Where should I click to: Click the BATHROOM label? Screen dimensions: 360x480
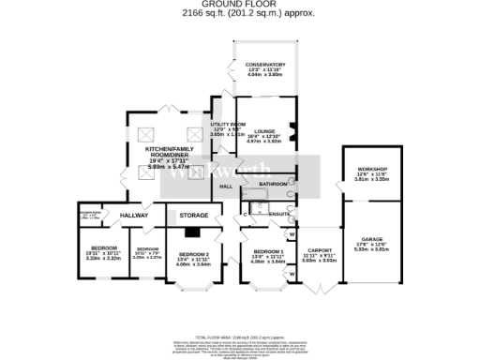tap(274, 184)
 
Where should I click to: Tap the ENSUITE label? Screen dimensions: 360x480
tap(278, 215)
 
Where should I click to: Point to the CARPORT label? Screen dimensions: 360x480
tap(317, 251)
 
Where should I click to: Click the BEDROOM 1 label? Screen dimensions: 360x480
tap(269, 252)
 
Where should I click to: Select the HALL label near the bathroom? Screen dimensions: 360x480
tap(226, 187)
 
